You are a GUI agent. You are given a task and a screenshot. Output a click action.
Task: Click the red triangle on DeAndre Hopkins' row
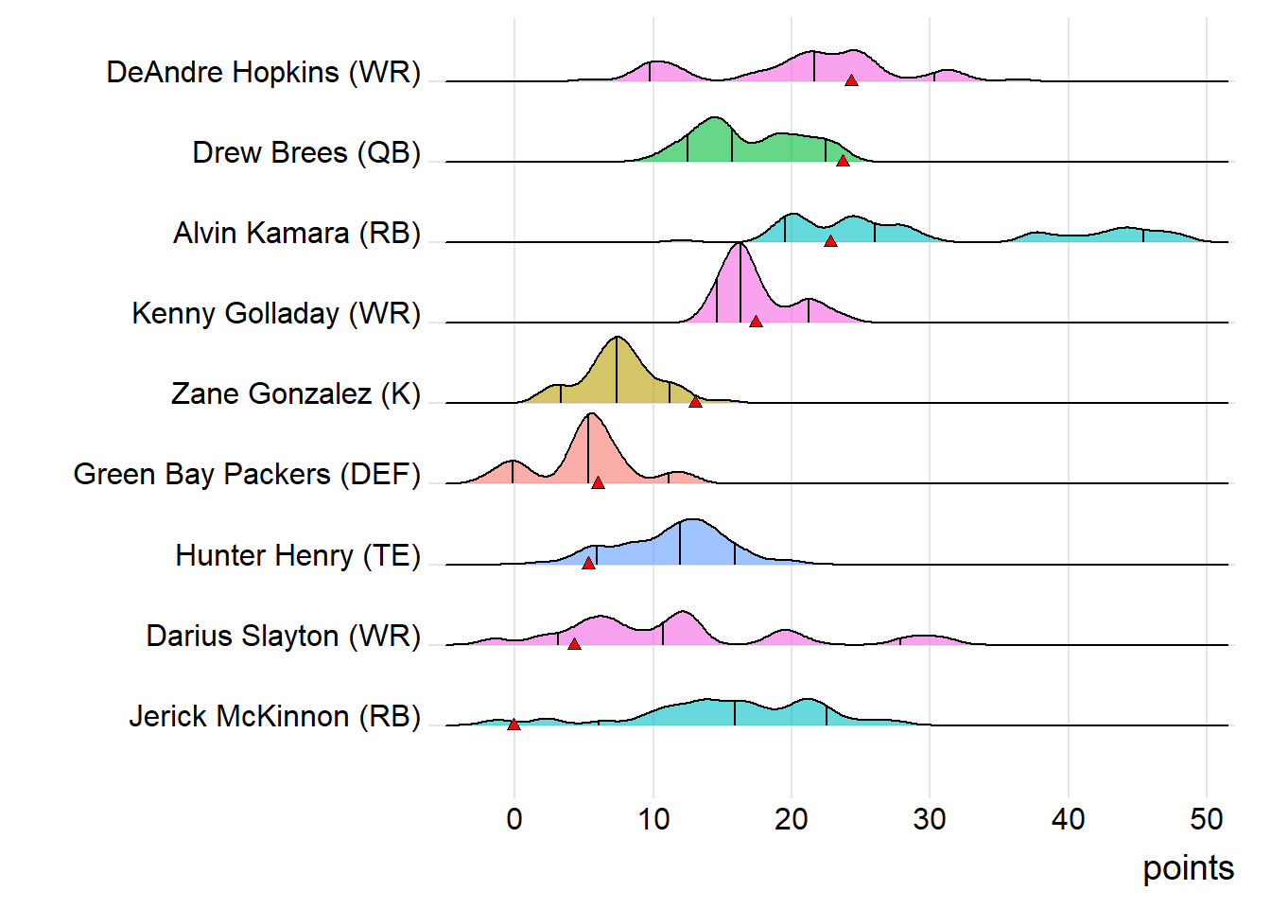click(x=851, y=80)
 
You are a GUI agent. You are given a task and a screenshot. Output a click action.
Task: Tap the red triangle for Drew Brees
click(x=843, y=161)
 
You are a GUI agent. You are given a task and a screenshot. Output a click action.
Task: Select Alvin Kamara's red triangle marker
click(x=830, y=241)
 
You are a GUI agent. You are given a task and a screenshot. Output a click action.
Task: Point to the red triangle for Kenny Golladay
click(x=756, y=322)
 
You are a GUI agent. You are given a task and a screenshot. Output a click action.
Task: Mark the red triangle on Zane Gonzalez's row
click(x=695, y=402)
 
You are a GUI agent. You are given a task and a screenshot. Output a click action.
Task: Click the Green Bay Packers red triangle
click(x=598, y=482)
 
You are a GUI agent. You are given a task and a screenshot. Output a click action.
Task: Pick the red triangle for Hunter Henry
click(x=588, y=563)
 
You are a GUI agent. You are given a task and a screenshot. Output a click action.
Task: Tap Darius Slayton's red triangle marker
click(x=574, y=643)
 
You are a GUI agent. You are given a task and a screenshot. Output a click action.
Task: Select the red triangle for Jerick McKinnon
click(x=514, y=725)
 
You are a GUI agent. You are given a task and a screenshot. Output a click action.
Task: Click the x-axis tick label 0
click(x=514, y=819)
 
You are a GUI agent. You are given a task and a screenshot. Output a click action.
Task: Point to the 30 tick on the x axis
click(x=930, y=819)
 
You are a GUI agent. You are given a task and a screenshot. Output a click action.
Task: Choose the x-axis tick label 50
click(x=1207, y=819)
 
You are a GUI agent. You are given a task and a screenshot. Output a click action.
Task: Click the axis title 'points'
click(x=1188, y=867)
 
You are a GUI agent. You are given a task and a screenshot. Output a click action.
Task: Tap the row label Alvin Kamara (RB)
click(x=296, y=233)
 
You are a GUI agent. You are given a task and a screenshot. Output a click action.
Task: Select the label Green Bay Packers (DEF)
click(x=247, y=474)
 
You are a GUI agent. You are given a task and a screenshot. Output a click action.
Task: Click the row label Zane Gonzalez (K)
click(x=295, y=393)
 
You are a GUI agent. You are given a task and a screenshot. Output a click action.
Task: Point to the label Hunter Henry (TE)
click(x=298, y=555)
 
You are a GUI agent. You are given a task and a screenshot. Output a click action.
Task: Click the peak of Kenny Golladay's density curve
click(x=740, y=244)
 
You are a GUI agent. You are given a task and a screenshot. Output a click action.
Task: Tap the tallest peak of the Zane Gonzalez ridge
click(x=617, y=338)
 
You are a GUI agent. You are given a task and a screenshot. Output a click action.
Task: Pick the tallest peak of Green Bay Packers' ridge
click(x=590, y=414)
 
